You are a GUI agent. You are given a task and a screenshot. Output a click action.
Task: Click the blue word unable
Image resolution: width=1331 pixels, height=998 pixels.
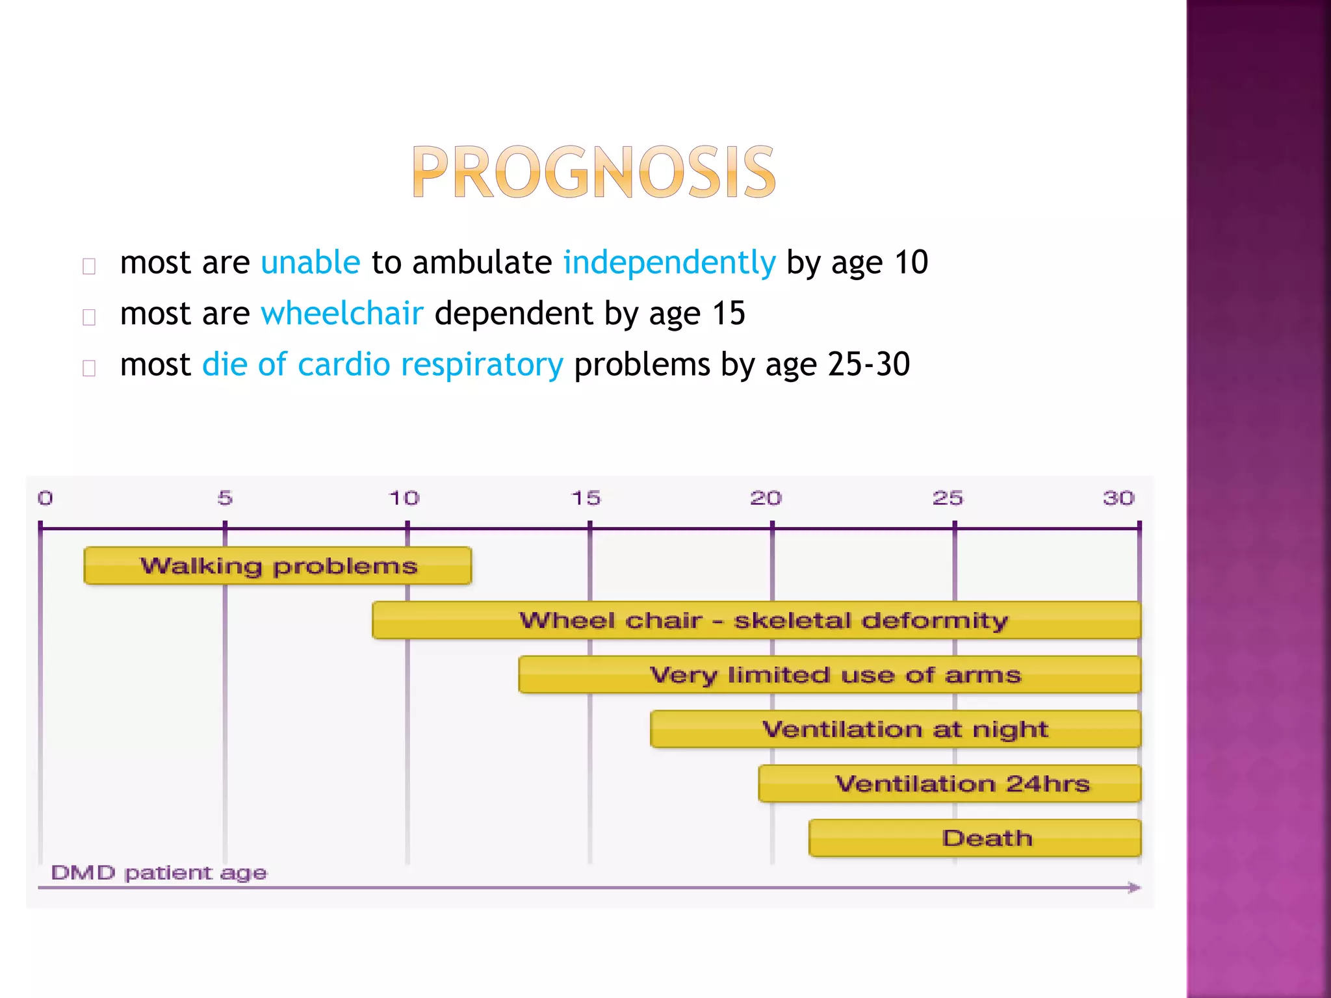pos(310,262)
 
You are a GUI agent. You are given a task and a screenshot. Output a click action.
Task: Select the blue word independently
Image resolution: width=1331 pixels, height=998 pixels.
pos(669,263)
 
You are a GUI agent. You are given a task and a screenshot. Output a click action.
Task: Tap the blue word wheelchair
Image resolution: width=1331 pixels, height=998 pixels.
pos(342,314)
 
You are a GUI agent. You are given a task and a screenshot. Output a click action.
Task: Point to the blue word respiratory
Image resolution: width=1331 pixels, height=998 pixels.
pos(482,365)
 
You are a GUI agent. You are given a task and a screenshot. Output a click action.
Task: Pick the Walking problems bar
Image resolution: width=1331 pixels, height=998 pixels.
pos(278,566)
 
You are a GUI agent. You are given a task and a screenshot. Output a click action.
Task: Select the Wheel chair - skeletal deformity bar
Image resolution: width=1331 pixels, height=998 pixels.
pos(756,621)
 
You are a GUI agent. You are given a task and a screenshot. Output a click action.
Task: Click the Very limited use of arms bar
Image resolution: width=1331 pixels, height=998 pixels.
pos(829,675)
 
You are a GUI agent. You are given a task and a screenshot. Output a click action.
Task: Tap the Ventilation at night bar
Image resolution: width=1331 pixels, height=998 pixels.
pos(896,729)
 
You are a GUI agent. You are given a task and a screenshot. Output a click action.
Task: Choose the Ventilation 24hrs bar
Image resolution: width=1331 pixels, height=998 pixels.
pos(950,784)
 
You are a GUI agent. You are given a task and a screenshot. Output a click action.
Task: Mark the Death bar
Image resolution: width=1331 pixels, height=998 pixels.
pos(975,838)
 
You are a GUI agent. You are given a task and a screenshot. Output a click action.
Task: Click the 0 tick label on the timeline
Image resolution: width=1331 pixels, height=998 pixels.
pos(45,498)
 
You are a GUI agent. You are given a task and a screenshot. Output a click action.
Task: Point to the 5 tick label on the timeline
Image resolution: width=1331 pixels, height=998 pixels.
pos(225,498)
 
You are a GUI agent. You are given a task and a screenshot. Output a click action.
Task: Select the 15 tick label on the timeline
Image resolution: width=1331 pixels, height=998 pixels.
pos(586,498)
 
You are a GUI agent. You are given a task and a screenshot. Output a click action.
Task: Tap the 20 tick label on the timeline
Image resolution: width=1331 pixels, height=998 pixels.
pos(766,498)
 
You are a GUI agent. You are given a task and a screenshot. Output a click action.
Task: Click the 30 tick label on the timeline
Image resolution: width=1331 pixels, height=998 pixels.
pos(1118,498)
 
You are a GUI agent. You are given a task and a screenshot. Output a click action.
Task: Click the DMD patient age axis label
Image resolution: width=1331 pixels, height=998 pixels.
pos(159,873)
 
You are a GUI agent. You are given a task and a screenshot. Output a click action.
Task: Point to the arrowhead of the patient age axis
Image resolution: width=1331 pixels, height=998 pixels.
pos(1134,888)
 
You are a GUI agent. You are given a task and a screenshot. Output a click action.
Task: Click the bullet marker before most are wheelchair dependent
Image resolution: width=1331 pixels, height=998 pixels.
pos(90,318)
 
